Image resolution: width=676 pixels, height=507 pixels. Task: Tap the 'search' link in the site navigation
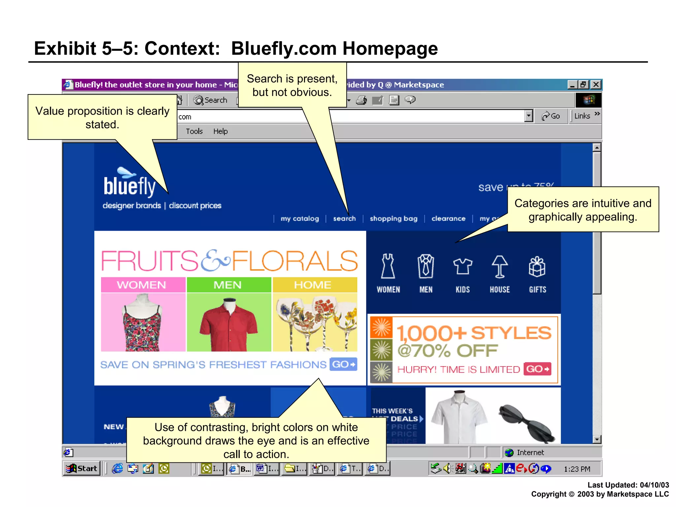point(344,219)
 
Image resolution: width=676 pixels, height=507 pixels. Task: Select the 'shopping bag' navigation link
point(393,219)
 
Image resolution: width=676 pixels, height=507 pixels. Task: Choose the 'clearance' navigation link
point(448,219)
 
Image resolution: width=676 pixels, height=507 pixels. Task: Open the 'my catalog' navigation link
point(300,219)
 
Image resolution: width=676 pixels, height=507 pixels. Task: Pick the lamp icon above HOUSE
point(500,267)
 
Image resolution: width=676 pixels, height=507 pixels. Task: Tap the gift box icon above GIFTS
point(537,267)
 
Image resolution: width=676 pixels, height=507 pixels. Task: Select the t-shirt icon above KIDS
point(462,266)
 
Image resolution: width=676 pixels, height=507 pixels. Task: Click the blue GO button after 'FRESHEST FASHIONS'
point(343,364)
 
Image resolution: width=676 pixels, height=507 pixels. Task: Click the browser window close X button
point(596,85)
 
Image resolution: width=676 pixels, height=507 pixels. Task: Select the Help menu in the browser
point(220,131)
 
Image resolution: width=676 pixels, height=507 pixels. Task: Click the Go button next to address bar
point(551,116)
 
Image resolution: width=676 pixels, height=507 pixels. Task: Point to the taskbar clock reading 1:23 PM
point(577,469)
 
